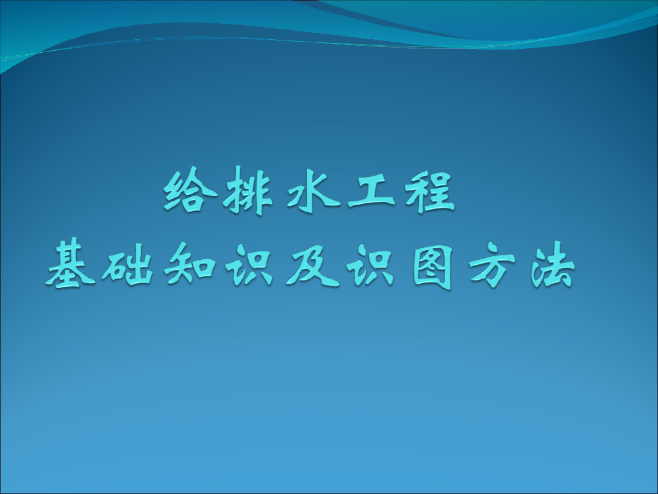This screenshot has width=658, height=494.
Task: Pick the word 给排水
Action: coord(243,192)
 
